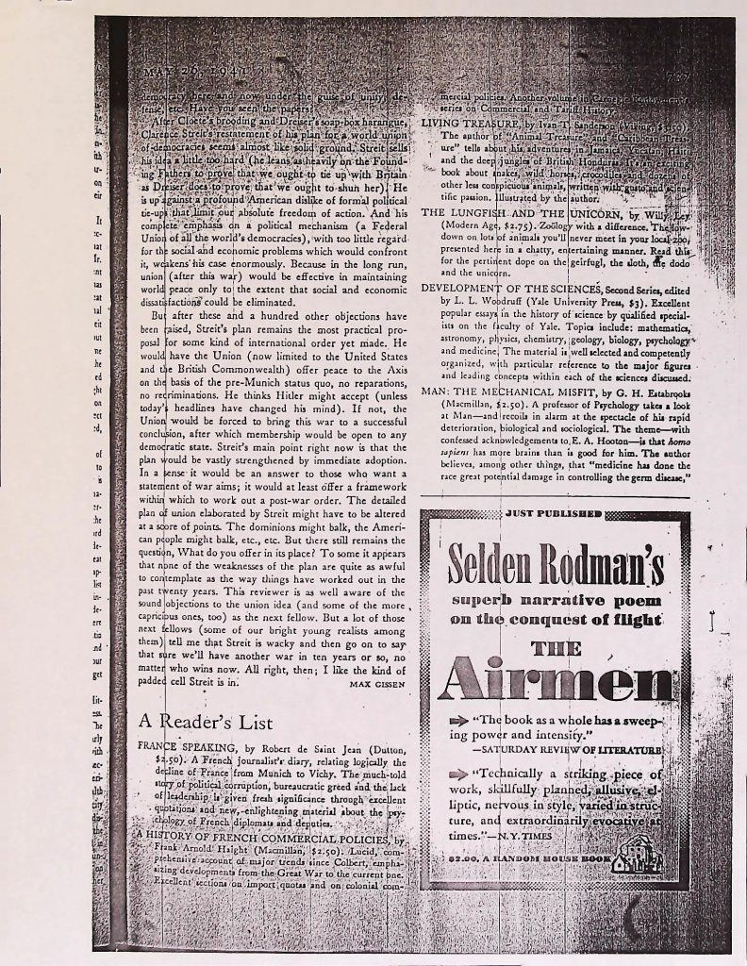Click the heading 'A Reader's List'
207,721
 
